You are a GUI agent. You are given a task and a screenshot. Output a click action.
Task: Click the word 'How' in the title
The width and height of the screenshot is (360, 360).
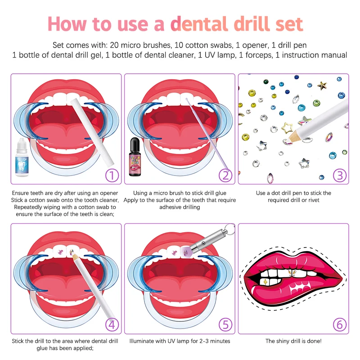click(68, 23)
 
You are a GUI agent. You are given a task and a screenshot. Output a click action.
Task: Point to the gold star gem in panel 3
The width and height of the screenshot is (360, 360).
click(322, 85)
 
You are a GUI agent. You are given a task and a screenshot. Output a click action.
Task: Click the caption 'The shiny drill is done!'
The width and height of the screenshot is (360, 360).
click(294, 341)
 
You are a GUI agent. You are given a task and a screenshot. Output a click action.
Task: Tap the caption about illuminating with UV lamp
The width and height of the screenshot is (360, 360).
click(180, 341)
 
